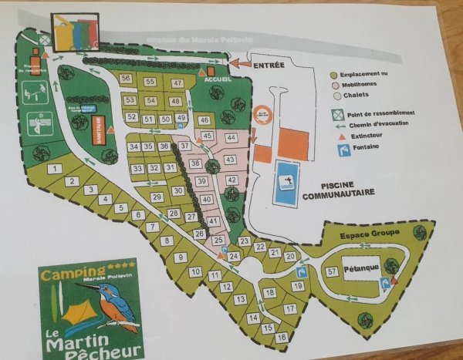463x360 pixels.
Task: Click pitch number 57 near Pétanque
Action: pyautogui.click(x=332, y=271)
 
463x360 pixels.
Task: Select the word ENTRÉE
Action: pyautogui.click(x=269, y=66)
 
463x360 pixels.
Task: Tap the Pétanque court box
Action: pyautogui.click(x=361, y=272)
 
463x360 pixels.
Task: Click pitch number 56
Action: pyautogui.click(x=126, y=79)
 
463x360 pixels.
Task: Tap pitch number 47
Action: pyautogui.click(x=177, y=83)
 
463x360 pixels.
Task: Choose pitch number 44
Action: pyautogui.click(x=230, y=137)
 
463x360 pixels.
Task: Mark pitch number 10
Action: pyautogui.click(x=195, y=271)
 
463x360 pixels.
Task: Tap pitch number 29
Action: pyautogui.click(x=157, y=197)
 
